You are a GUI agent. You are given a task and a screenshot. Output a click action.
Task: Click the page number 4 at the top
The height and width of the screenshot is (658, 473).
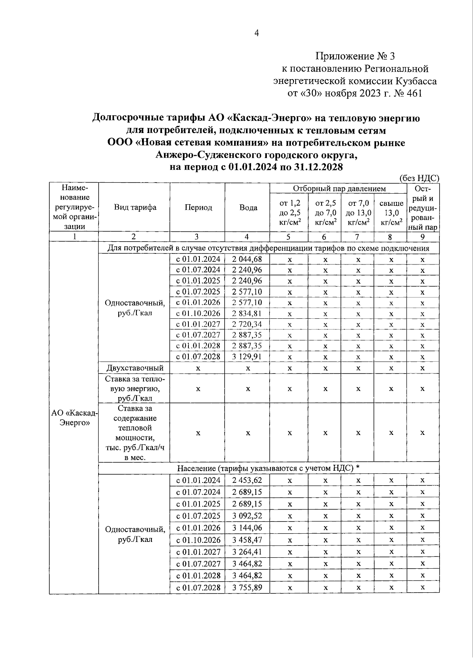[x=256, y=34]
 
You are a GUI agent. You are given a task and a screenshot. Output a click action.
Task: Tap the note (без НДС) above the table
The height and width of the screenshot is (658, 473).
[x=419, y=178]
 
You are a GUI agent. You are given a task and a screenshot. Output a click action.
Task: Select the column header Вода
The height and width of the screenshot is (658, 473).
[x=248, y=207]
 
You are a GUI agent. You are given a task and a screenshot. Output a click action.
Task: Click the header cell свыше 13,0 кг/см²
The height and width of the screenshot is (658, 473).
[x=391, y=213]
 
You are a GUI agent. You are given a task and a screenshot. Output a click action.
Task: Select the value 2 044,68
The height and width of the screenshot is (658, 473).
[x=247, y=259]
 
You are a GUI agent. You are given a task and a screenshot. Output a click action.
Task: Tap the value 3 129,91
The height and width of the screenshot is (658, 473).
[x=247, y=357]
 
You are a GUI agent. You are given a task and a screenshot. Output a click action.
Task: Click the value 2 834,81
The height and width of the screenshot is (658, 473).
[x=247, y=314]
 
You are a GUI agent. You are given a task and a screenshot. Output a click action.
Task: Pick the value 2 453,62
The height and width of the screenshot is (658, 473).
[x=247, y=480]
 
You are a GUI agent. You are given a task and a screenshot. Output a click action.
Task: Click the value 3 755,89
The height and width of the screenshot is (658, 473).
[x=247, y=588]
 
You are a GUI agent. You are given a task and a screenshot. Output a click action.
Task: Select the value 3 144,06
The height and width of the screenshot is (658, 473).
[x=247, y=528]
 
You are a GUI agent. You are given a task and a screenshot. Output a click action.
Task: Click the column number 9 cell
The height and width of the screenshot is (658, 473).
[x=422, y=237]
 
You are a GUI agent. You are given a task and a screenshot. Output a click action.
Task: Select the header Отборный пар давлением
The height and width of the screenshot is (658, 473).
[x=339, y=189]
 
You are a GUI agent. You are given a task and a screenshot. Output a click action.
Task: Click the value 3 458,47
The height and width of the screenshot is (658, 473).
[x=247, y=540]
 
